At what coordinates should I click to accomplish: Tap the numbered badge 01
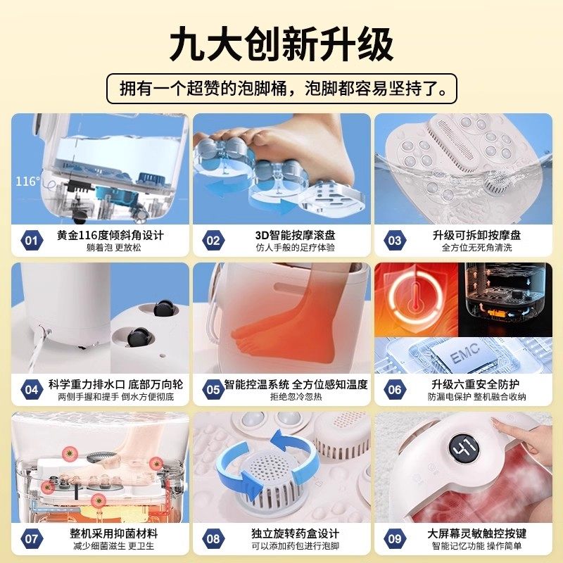coord(31,241)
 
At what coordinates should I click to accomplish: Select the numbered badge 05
coord(213,389)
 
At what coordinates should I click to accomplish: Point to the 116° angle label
coord(28,182)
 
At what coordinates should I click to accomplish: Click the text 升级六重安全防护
coord(475,384)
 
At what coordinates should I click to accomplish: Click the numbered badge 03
coord(394,241)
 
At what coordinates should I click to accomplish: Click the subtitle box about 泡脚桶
coord(281,89)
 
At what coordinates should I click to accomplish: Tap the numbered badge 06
coord(394,389)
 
